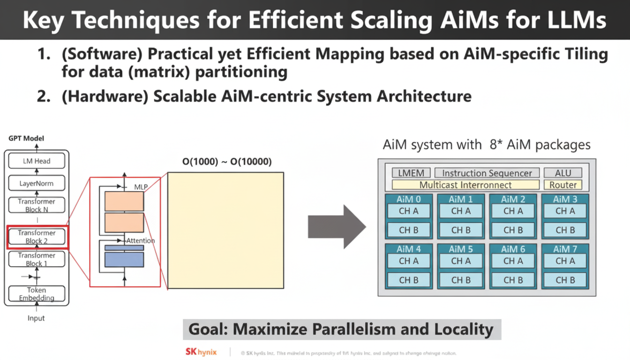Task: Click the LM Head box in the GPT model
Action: pos(37,161)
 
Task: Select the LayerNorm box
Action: pos(37,183)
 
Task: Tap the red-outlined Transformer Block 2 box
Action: pos(37,237)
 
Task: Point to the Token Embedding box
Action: pos(37,294)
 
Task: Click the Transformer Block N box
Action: pos(37,205)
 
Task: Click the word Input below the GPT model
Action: pos(36,318)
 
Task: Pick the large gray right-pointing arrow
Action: pos(336,226)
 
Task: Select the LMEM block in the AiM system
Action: pos(411,173)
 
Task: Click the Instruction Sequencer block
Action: pos(487,173)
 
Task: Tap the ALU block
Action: pos(563,173)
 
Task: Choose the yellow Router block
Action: pos(563,185)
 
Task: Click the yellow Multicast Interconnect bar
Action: pos(465,185)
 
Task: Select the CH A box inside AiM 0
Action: pos(408,211)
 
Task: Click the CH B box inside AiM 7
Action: pos(565,280)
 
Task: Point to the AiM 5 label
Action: pos(461,249)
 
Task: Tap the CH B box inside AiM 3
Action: pos(565,230)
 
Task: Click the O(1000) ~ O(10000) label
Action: pos(227,162)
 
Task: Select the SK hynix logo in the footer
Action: pos(201,352)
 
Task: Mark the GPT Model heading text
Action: pos(26,139)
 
